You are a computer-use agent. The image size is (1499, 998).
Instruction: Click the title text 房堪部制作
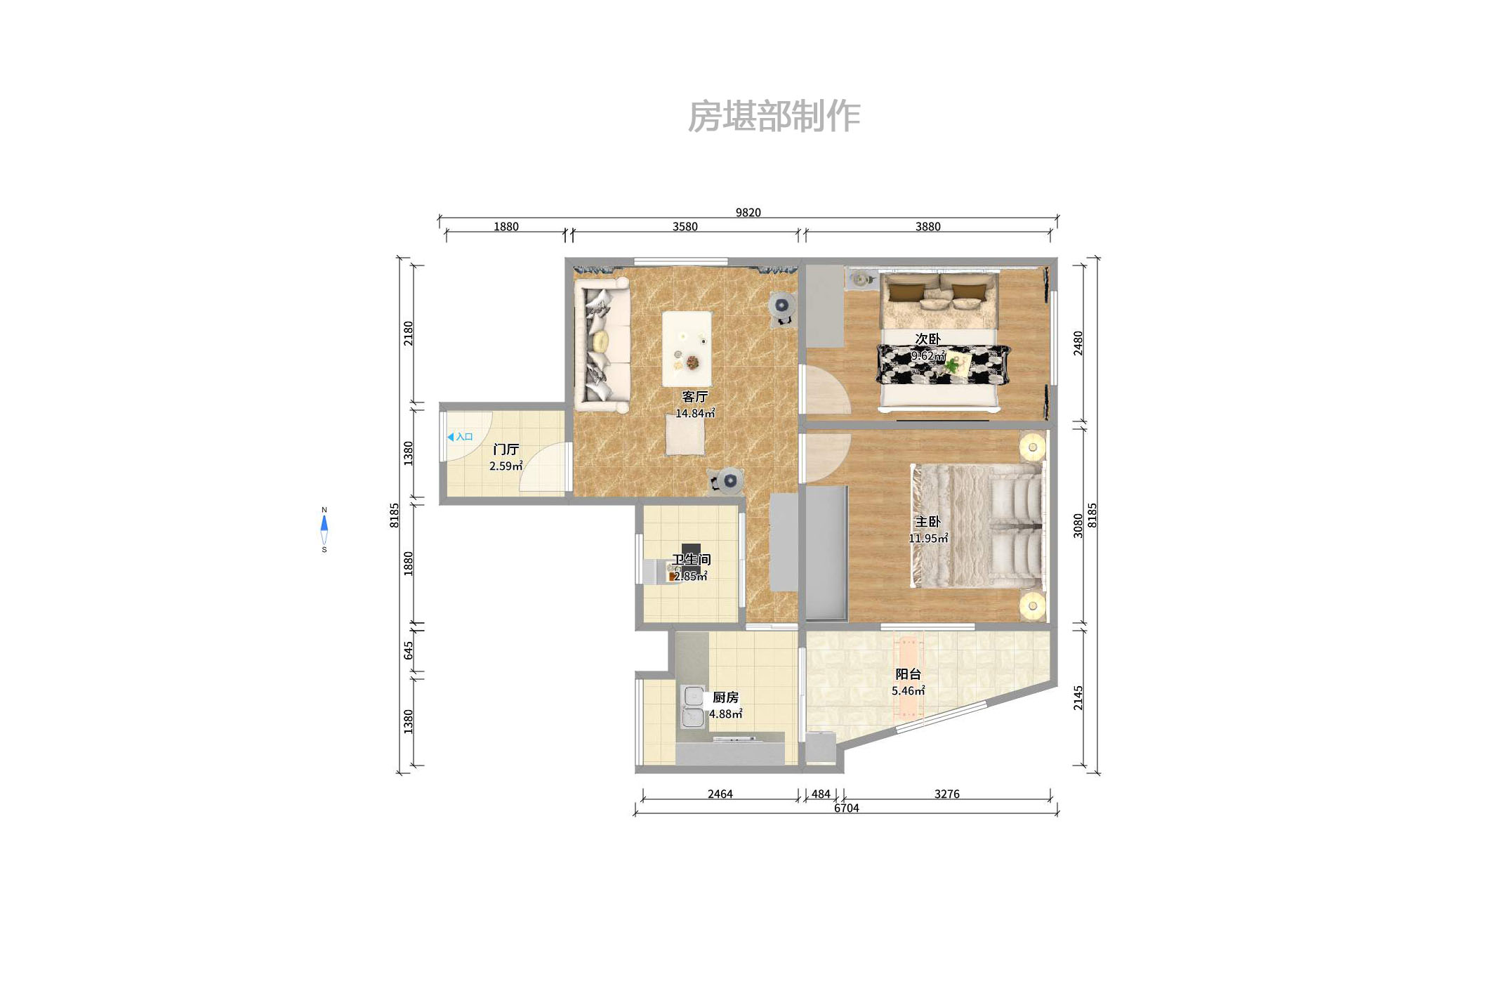point(773,117)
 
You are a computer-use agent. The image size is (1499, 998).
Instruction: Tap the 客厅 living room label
point(694,397)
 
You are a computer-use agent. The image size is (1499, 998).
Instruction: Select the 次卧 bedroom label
point(927,339)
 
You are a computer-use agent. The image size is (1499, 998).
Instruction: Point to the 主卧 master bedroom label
point(927,522)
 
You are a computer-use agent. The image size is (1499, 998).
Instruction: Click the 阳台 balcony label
point(908,674)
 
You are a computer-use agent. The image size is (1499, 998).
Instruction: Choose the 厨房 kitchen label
point(725,697)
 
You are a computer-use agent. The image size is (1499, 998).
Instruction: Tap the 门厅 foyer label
point(506,449)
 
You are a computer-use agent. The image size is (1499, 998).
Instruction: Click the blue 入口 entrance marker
point(460,437)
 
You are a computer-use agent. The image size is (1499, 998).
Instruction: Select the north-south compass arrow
point(324,530)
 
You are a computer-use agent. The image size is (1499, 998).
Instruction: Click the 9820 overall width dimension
point(748,213)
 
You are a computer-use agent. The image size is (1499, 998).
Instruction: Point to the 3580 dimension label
point(685,227)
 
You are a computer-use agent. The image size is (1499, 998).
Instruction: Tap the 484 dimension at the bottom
point(820,794)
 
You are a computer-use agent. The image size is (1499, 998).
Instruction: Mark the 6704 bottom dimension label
point(846,808)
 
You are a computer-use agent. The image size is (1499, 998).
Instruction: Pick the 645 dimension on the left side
point(409,651)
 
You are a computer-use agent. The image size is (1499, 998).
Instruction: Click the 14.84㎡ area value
point(694,414)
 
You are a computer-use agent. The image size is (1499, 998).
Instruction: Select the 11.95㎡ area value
point(927,539)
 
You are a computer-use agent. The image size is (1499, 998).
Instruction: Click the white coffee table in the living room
point(687,348)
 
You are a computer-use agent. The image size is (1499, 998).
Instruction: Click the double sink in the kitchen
point(693,707)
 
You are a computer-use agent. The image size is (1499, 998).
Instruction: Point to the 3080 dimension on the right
point(1078,525)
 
